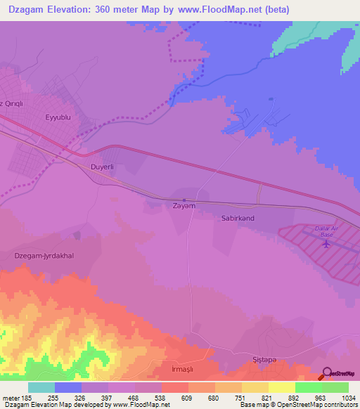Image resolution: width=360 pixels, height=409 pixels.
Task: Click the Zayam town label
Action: coord(184,206)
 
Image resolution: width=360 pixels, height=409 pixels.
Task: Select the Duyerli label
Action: coord(102,167)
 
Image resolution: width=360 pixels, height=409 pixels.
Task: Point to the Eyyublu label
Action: coord(59,118)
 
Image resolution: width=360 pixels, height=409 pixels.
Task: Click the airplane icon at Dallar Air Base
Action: coord(326,244)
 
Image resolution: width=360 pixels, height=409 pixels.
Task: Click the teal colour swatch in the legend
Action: coord(41,387)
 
